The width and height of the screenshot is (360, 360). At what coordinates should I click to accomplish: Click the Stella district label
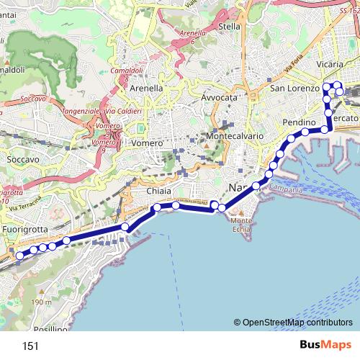[x=228, y=27]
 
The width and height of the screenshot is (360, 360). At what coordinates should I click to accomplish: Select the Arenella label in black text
[x=146, y=88]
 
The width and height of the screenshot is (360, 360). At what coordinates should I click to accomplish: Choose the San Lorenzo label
[x=294, y=89]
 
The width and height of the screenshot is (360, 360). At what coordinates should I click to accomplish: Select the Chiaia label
[x=159, y=192]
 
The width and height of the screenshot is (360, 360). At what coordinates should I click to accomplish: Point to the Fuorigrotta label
[x=24, y=229]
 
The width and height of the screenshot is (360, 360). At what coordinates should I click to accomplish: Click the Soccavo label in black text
[x=22, y=158]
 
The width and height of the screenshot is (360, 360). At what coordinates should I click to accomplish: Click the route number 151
[x=30, y=346]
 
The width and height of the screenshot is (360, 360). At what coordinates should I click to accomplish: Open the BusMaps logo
[x=325, y=346]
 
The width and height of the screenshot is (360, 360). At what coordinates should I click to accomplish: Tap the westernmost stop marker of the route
[x=20, y=253]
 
